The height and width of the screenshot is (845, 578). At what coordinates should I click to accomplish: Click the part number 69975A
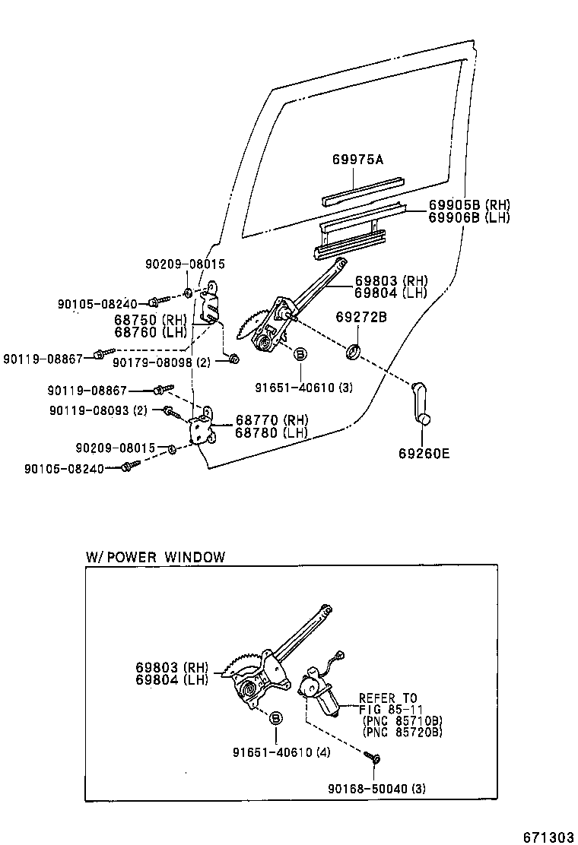point(357,160)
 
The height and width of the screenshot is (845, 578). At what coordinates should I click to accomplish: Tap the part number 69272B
point(361,318)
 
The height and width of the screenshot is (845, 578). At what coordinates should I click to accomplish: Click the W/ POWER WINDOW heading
point(155,557)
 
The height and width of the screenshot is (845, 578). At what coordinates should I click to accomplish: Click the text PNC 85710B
point(402,721)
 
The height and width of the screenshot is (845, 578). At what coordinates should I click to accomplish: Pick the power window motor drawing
point(319,691)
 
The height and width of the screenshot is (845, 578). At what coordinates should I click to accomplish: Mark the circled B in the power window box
point(275,717)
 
